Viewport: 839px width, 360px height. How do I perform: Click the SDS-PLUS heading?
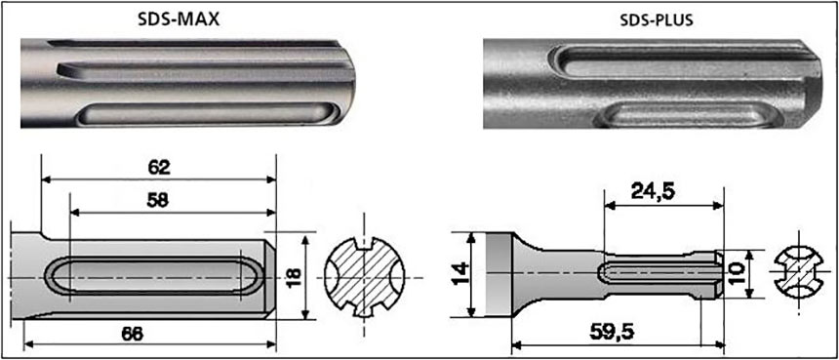click(x=656, y=20)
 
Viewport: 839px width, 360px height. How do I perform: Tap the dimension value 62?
click(x=159, y=168)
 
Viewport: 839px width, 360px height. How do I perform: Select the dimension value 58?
click(x=159, y=201)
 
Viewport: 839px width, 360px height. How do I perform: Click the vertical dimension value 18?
click(x=294, y=276)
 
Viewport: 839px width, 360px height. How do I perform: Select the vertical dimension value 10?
click(x=738, y=273)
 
